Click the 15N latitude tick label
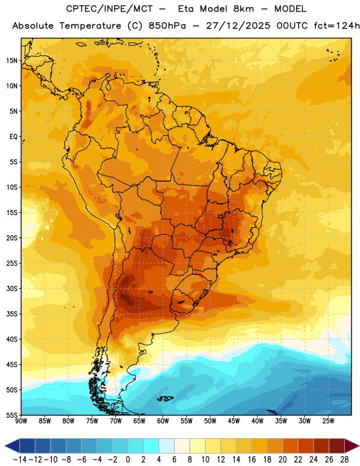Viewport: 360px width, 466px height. tap(12, 61)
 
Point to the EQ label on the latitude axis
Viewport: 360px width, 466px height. tap(13, 137)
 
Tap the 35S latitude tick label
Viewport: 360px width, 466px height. tap(12, 314)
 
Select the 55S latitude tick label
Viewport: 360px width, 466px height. tap(12, 415)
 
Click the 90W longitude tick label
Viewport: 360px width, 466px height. tap(21, 421)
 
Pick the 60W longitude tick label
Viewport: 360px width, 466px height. tap(163, 421)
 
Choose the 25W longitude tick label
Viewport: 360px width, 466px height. tap(328, 421)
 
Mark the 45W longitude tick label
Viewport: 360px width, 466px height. tap(234, 421)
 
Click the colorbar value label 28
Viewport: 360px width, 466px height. tap(344, 460)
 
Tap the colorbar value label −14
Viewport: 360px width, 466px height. tap(20, 460)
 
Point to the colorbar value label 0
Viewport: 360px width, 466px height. tap(128, 460)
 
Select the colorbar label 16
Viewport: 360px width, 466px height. tap(252, 460)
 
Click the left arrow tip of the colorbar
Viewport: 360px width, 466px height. tap(5, 446)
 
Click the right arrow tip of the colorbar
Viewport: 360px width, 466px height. tap(359, 446)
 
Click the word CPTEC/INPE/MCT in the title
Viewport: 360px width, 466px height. tap(109, 9)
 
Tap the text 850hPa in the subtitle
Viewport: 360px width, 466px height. tap(167, 26)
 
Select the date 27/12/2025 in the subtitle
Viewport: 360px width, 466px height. tap(238, 26)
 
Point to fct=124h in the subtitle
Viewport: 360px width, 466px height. tap(337, 26)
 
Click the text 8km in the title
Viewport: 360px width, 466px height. tap(243, 9)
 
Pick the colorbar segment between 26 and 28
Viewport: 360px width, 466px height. tap(337, 446)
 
